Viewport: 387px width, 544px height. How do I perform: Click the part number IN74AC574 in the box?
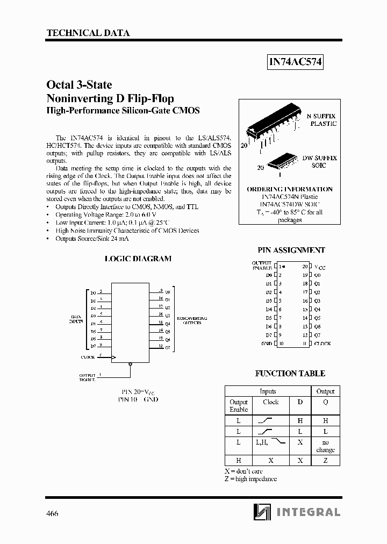tap(295, 62)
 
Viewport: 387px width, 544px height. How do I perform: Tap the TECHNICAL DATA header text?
tap(88, 33)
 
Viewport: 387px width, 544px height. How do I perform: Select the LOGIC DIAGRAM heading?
tap(138, 259)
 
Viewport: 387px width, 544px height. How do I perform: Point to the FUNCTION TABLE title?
tap(290, 373)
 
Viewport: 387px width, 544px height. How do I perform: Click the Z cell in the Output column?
tap(325, 461)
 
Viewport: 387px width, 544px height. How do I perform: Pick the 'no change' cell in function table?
tap(325, 446)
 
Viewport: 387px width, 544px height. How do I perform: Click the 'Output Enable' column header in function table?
tap(239, 406)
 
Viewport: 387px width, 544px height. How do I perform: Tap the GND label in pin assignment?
tap(267, 343)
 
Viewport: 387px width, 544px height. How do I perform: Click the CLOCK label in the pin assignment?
tap(322, 343)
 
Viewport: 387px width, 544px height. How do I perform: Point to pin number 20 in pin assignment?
tap(305, 266)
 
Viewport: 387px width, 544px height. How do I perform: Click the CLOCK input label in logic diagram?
tap(88, 357)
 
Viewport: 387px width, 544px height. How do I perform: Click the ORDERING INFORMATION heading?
tap(290, 189)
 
